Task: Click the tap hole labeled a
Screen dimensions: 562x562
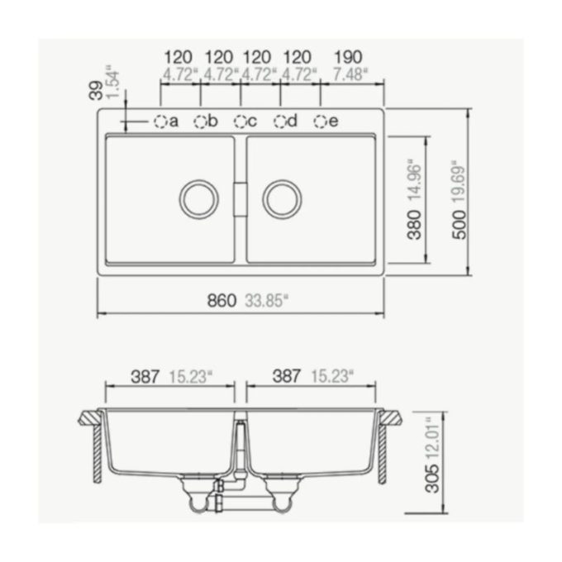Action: pos(160,121)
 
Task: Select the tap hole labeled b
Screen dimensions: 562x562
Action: pos(201,121)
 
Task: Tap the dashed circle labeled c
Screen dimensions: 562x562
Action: pos(241,121)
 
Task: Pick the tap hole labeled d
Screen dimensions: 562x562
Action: pos(280,121)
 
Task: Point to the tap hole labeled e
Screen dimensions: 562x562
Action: pos(321,121)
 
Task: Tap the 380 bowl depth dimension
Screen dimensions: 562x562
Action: pos(415,225)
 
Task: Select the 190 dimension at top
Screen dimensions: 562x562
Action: pos(349,57)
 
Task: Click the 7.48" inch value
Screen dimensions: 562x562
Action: pos(349,74)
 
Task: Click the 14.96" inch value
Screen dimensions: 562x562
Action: pos(415,184)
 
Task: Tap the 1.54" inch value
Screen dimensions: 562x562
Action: pos(113,81)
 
